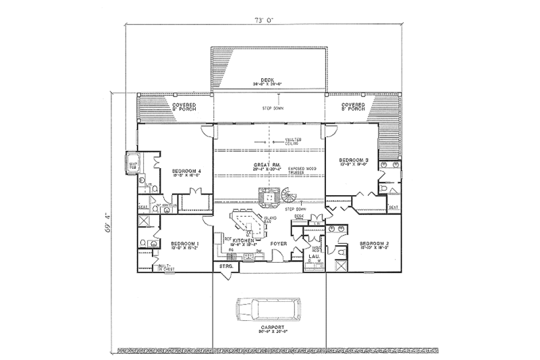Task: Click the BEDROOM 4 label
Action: pyautogui.click(x=186, y=172)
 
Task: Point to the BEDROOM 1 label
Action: pyautogui.click(x=184, y=242)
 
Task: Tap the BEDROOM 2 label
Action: pyautogui.click(x=373, y=242)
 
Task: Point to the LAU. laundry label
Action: pyautogui.click(x=313, y=257)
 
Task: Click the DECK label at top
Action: pyautogui.click(x=269, y=80)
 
